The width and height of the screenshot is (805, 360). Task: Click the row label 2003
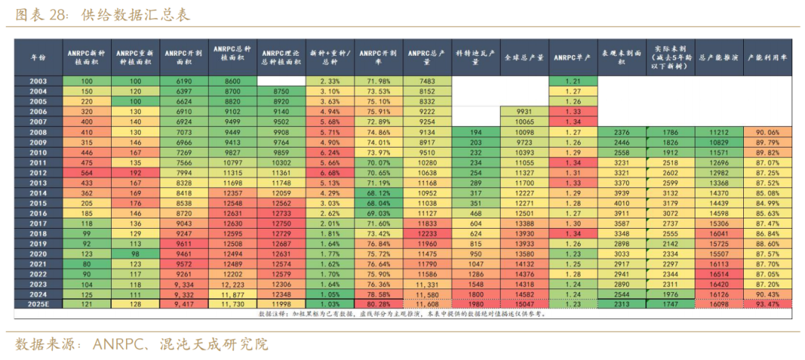click(x=38, y=80)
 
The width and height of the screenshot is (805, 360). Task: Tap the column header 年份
click(x=38, y=57)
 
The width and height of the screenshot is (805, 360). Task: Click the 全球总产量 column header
click(x=524, y=57)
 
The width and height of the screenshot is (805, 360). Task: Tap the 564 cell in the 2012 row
click(x=86, y=172)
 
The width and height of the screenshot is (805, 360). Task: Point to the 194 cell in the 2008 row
click(x=476, y=131)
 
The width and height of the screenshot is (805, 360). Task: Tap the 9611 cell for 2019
click(x=183, y=244)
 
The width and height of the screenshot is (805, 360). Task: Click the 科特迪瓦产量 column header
click(x=476, y=57)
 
